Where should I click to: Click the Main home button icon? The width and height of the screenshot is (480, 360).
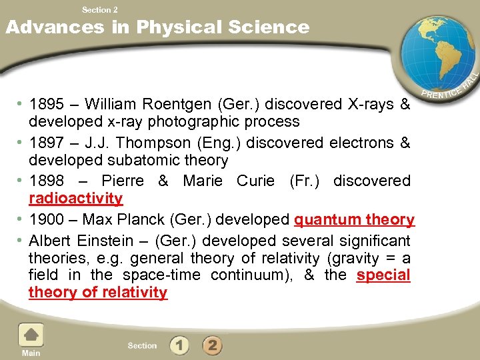pos(31,335)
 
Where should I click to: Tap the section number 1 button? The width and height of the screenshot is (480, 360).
pos(179,345)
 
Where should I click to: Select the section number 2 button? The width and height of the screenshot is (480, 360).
pos(212,345)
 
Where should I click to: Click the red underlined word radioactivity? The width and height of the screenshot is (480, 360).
pos(75,198)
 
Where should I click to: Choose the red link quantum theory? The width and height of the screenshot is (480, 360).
pos(354,219)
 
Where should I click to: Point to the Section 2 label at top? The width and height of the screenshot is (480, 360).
pos(99,9)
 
